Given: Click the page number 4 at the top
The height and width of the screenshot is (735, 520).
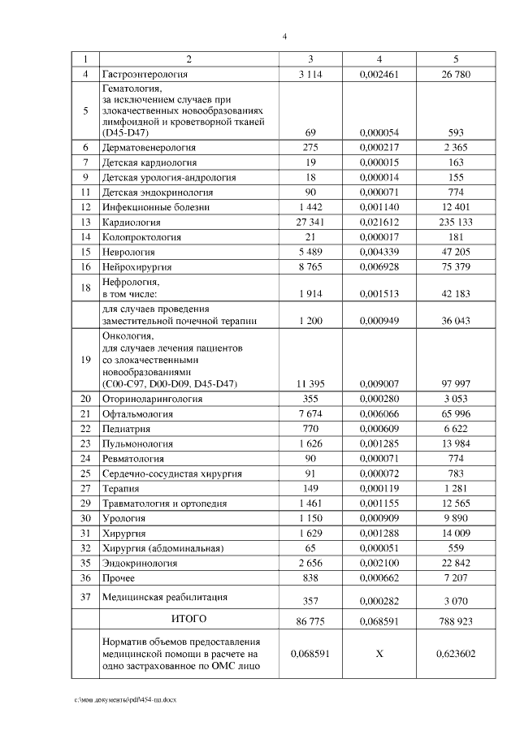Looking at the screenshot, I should [x=284, y=36].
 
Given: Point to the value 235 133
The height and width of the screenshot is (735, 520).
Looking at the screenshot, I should [x=455, y=222].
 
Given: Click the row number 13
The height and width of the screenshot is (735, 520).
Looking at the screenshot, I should [x=84, y=222].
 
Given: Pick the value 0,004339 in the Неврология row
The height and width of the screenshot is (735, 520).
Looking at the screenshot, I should [x=379, y=252].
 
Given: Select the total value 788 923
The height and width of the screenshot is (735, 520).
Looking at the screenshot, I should [x=455, y=622].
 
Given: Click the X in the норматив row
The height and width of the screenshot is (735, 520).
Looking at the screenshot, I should [x=379, y=652].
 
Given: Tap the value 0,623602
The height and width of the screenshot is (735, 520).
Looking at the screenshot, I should [x=455, y=652].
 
